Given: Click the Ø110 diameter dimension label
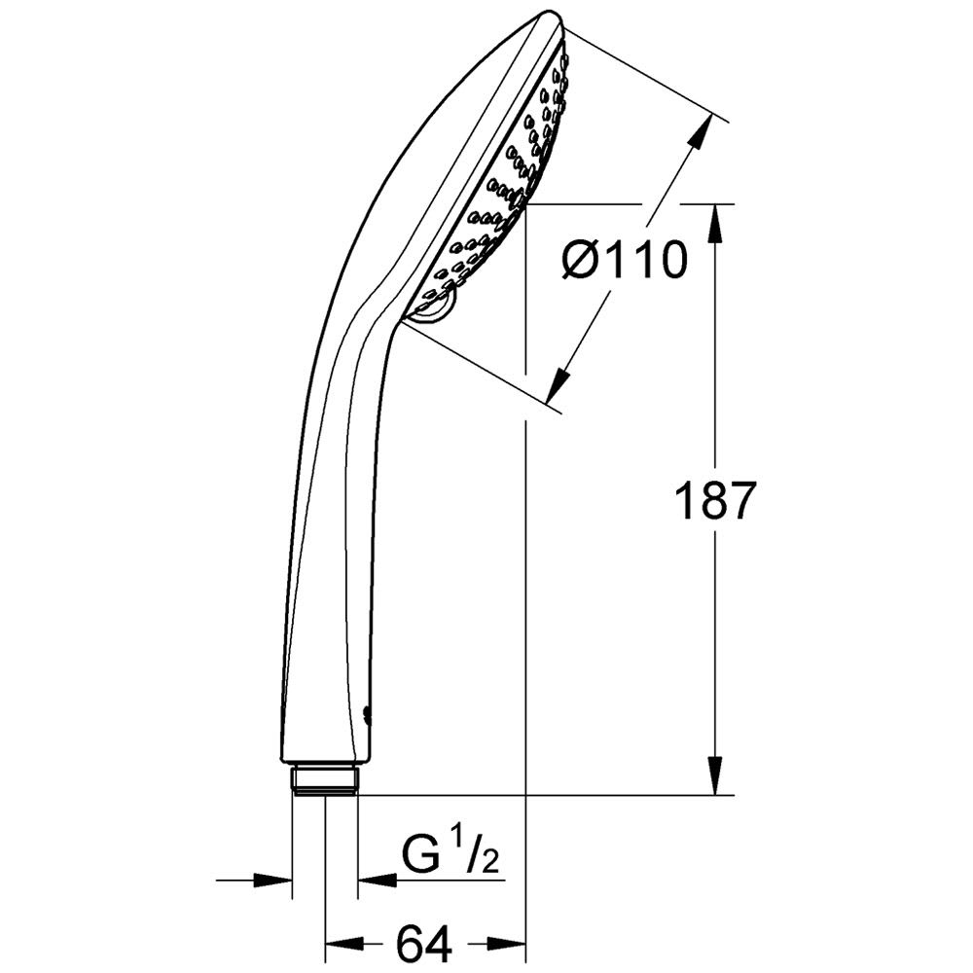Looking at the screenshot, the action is pos(625,261).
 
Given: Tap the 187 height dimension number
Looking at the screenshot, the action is pos(715,500).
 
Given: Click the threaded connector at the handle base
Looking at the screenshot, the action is pos(324,780).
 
